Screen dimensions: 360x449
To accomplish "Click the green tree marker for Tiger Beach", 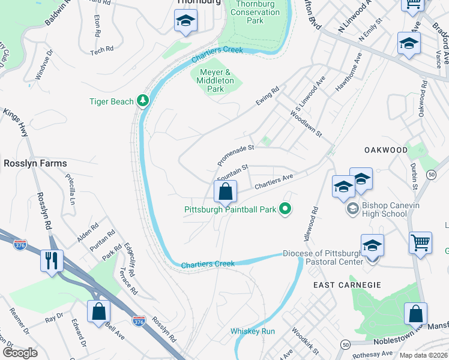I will [143, 101].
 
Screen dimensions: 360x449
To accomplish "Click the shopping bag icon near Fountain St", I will [225, 193].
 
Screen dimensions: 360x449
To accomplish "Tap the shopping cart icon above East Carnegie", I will [420, 243].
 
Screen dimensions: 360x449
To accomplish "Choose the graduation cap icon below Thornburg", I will [185, 22].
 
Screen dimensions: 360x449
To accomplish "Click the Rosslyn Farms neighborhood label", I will [35, 163].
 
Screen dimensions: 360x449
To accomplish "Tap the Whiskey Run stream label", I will [253, 331].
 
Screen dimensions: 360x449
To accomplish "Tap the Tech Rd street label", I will [101, 52].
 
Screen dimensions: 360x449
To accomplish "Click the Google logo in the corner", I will [20, 353].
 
